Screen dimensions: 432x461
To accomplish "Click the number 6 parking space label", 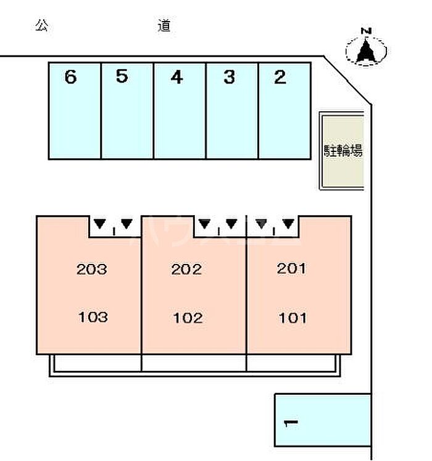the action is click(x=70, y=77).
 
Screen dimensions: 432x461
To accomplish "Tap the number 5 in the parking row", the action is click(x=122, y=76).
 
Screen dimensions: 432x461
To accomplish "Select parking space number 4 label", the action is click(x=177, y=77).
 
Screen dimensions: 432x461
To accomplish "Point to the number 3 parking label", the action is click(x=229, y=77).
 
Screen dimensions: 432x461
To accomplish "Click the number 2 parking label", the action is click(x=280, y=77).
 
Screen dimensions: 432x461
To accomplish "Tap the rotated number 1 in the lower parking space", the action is click(x=291, y=423).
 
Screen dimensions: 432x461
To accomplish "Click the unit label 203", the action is click(x=91, y=269).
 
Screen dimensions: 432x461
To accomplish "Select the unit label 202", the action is click(x=186, y=269).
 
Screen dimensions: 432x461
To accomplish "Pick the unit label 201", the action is click(x=291, y=268).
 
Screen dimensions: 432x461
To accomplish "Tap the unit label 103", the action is click(x=93, y=317).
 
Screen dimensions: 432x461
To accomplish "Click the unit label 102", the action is click(x=188, y=318).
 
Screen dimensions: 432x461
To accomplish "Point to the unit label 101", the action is click(x=293, y=318).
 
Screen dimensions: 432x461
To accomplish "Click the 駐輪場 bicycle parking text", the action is click(x=343, y=150).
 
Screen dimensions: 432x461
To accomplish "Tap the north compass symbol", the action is click(x=366, y=51).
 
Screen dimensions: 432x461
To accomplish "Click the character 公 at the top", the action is click(x=41, y=25).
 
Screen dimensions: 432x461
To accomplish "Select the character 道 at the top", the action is click(x=164, y=26).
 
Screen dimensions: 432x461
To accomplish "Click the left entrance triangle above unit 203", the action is click(x=100, y=224).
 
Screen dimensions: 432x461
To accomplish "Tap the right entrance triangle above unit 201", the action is click(x=288, y=224).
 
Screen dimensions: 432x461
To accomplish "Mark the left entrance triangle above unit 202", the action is click(x=205, y=224).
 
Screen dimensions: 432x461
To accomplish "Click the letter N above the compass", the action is click(x=366, y=31).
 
